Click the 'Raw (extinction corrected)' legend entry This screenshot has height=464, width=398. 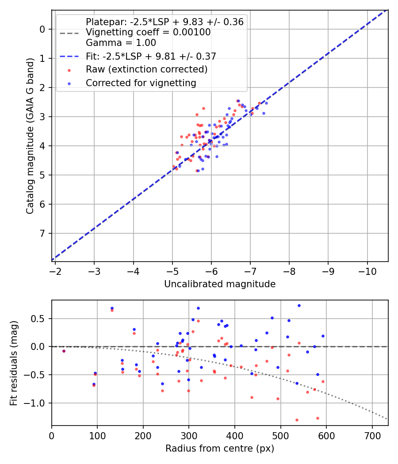pyautogui.click(x=146, y=70)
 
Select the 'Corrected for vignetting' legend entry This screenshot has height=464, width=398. pyautogui.click(x=141, y=83)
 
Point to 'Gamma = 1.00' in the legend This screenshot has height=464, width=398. pyautogui.click(x=121, y=43)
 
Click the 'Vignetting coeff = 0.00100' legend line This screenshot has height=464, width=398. pyautogui.click(x=148, y=32)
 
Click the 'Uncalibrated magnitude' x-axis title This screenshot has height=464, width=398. pyautogui.click(x=220, y=284)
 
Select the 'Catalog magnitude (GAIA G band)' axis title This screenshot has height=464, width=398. pyautogui.click(x=30, y=135)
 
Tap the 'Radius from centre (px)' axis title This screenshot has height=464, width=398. pyautogui.click(x=220, y=449)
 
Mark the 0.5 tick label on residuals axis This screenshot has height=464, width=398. pyautogui.click(x=40, y=319)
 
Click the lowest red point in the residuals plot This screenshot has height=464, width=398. pyautogui.click(x=297, y=420)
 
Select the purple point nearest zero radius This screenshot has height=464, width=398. pyautogui.click(x=64, y=351)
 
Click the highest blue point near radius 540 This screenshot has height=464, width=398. pyautogui.click(x=299, y=305)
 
